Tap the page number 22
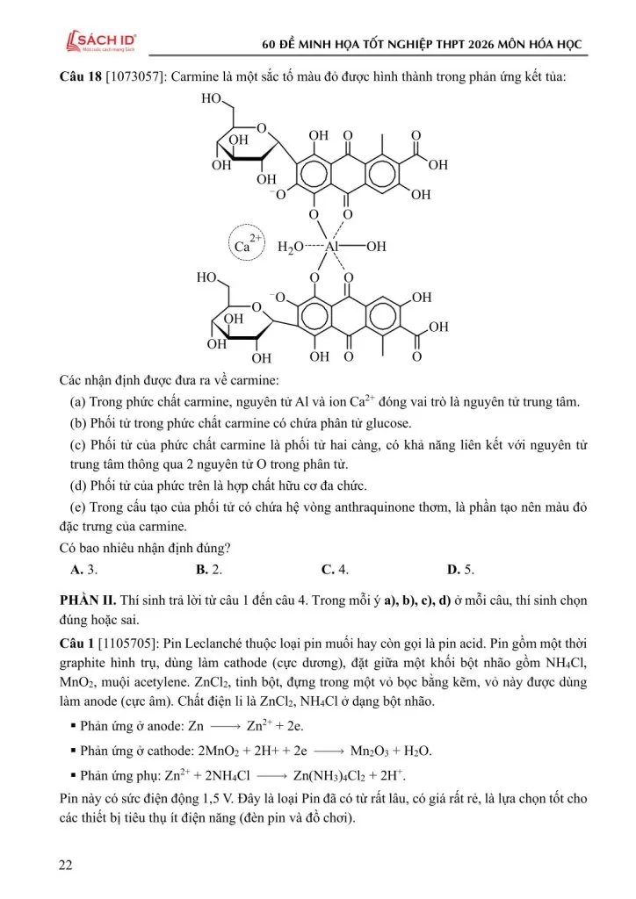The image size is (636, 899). tap(66, 865)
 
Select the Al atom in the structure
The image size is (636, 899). tap(331, 247)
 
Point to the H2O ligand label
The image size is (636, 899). tap(292, 248)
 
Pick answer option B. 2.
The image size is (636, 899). tap(208, 570)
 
